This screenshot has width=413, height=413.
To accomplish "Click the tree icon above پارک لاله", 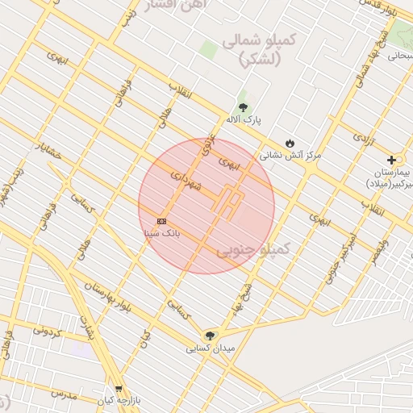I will [x=243, y=106].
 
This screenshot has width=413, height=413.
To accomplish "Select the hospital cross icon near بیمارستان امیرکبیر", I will [x=391, y=161].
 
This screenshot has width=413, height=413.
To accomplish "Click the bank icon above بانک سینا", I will [x=161, y=221].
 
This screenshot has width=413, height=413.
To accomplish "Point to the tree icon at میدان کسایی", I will [x=211, y=336].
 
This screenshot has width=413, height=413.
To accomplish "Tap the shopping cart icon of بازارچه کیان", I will [x=119, y=388].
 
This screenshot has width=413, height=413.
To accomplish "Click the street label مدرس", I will [x=62, y=394].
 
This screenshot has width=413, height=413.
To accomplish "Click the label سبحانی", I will [x=398, y=56].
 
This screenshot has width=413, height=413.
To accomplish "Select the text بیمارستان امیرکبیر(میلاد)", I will [x=390, y=179].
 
